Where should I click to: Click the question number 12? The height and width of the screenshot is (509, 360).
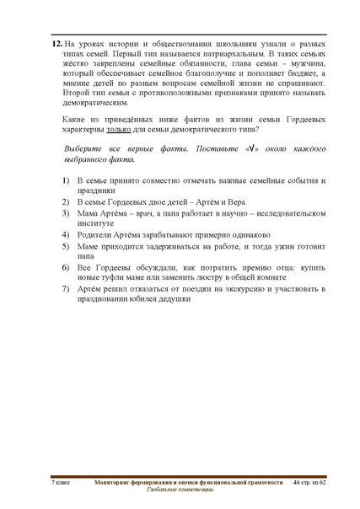pos(56,42)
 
